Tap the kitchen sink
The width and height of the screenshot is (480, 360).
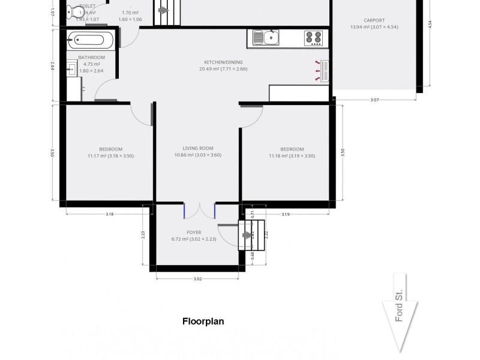(x=266, y=38)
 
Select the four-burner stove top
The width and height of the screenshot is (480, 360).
(x=314, y=38)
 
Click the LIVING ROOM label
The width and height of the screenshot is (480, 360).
(x=198, y=148)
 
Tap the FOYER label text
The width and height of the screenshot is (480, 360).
(x=194, y=232)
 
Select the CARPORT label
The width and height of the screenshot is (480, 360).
(x=374, y=20)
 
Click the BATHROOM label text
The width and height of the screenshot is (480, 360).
(x=91, y=58)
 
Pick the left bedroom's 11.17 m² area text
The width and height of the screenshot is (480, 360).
(x=110, y=156)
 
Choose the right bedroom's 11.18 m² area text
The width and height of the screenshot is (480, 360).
(x=292, y=156)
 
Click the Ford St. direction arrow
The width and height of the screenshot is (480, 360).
(x=400, y=312)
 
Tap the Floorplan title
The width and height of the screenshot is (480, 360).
(x=203, y=321)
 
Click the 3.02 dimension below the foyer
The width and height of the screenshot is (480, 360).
(x=197, y=278)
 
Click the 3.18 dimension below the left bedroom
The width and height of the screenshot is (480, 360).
(x=109, y=214)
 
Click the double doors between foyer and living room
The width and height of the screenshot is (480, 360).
(x=200, y=211)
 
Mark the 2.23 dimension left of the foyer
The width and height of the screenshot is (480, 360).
(x=143, y=235)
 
